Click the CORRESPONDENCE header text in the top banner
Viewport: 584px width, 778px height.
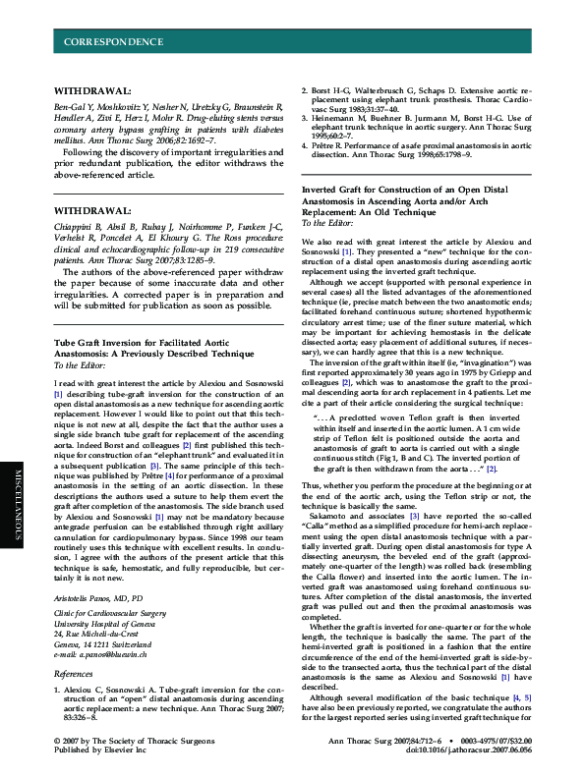click(x=113, y=42)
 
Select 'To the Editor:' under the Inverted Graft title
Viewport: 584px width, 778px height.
click(x=331, y=223)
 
